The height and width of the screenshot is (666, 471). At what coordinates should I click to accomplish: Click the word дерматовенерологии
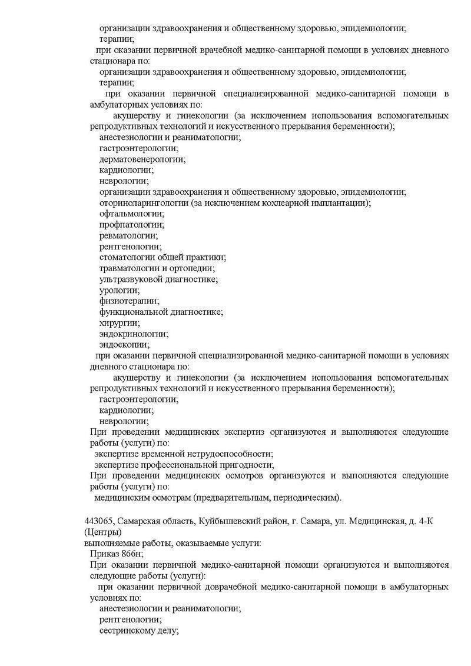pyautogui.click(x=142, y=159)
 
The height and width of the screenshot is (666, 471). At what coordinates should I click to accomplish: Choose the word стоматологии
pyautogui.click(x=127, y=257)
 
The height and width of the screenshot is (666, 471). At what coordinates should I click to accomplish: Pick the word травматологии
pyautogui.click(x=128, y=268)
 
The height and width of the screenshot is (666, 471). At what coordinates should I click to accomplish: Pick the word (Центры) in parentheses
pyautogui.click(x=103, y=532)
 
